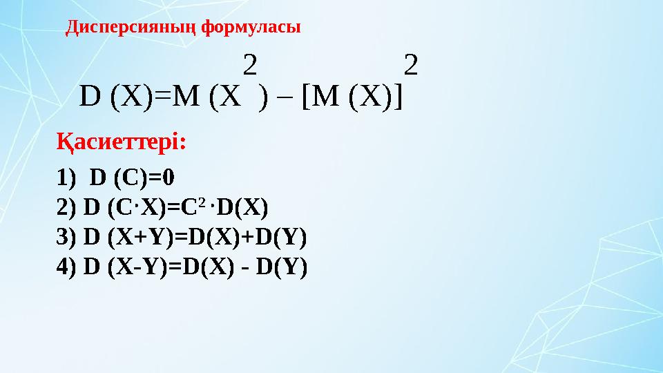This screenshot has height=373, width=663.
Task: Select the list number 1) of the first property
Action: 65,178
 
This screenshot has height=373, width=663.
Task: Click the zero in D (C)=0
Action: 169,178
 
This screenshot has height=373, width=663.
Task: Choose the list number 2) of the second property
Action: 65,207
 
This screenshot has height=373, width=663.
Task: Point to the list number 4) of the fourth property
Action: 65,267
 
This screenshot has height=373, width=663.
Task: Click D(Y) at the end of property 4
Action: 285,267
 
